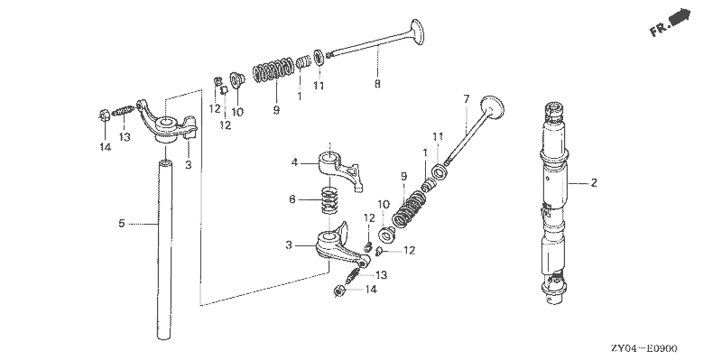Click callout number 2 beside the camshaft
click(x=594, y=183)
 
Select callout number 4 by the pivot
click(x=294, y=163)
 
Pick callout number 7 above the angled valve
click(x=467, y=97)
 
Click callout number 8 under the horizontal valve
click(x=376, y=84)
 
